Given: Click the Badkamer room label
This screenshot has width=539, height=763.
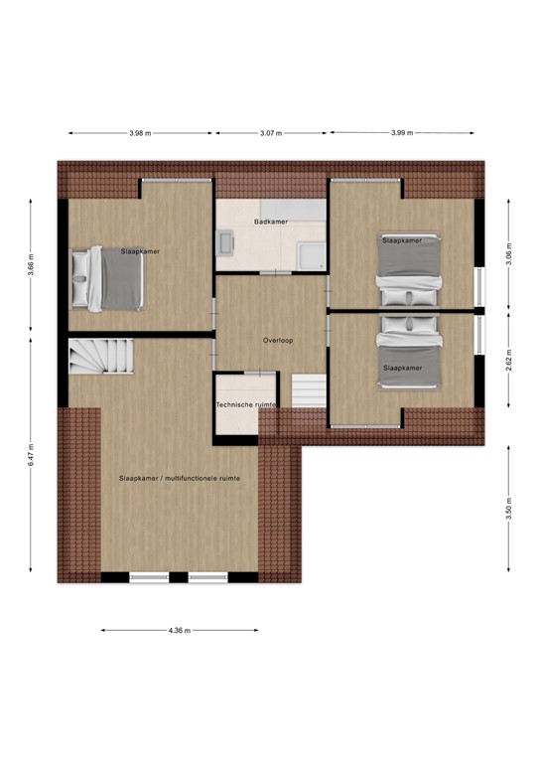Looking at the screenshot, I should click(x=271, y=222).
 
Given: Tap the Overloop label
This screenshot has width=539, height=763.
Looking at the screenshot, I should click(x=277, y=340).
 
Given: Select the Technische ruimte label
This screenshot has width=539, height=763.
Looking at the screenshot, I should click(x=246, y=405).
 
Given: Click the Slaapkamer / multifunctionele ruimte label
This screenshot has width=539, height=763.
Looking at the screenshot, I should click(x=180, y=478).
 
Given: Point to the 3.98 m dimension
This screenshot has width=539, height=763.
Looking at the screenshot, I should click(x=141, y=133).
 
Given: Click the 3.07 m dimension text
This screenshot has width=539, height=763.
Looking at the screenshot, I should click(x=270, y=133).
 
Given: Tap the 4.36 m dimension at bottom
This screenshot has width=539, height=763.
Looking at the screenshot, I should click(x=180, y=630).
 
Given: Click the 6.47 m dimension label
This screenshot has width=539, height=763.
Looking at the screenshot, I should click(x=31, y=455).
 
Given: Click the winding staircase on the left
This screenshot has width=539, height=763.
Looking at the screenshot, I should click(x=98, y=356).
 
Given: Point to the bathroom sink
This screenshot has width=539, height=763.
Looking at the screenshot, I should click(x=226, y=243).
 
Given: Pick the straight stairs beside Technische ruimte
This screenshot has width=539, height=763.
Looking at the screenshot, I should click(x=309, y=390).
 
